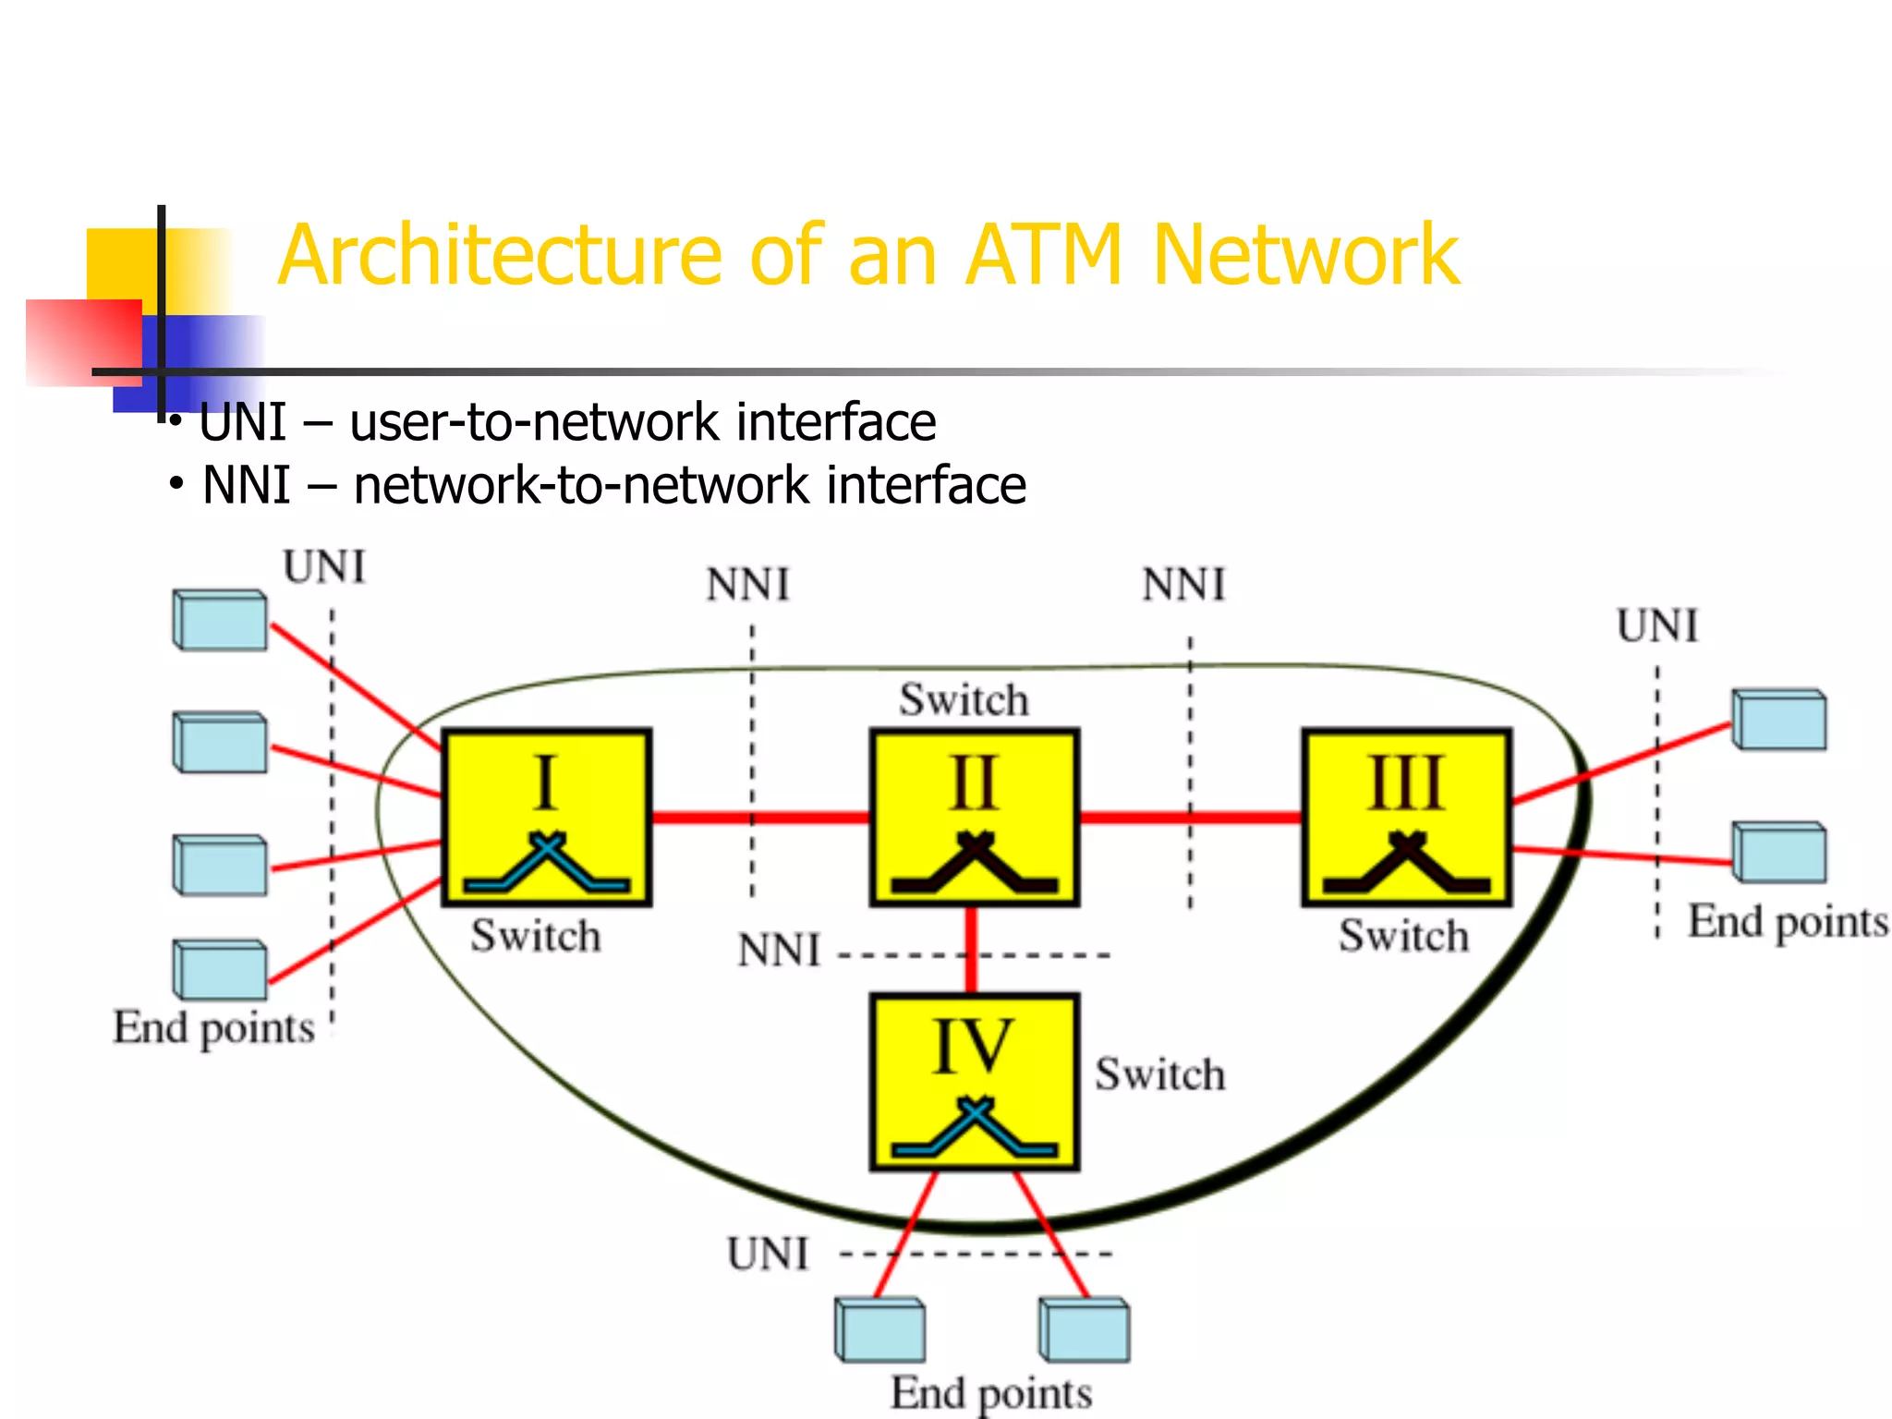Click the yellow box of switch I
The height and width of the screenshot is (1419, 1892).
click(x=547, y=818)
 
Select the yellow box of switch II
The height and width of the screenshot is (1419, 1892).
click(x=975, y=818)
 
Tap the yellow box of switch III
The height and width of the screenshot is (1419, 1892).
click(x=1406, y=818)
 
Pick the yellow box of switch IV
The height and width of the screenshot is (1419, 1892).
click(x=975, y=1081)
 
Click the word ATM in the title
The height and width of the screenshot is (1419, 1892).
click(x=1043, y=255)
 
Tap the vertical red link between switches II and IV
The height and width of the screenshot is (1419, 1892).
click(x=971, y=949)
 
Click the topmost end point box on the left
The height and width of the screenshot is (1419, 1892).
click(x=220, y=620)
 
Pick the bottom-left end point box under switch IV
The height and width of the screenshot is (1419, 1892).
click(x=880, y=1329)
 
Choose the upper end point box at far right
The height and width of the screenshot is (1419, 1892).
click(x=1778, y=720)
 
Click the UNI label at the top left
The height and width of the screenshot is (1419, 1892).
click(x=324, y=567)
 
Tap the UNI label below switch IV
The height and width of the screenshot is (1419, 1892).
click(x=768, y=1255)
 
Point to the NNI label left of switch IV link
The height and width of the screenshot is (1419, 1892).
click(x=779, y=951)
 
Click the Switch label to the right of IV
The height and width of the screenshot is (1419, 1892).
click(x=1159, y=1074)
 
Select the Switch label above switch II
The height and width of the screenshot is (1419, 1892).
click(x=964, y=699)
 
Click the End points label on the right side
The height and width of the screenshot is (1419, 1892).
click(x=1787, y=922)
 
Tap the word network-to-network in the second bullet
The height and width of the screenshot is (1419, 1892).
click(x=582, y=486)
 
